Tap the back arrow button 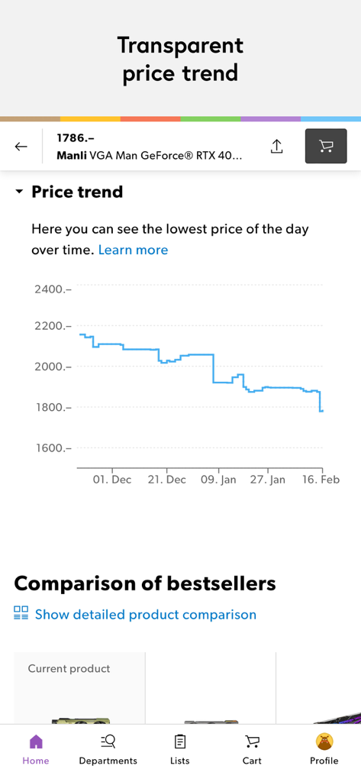click(x=21, y=147)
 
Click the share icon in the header click(x=276, y=147)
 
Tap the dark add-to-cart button click(x=326, y=147)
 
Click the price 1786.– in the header click(x=76, y=138)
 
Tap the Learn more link click(x=133, y=250)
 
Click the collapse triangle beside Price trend click(x=19, y=192)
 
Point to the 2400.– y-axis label click(x=53, y=289)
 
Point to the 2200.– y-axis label click(x=53, y=326)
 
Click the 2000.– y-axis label click(x=53, y=367)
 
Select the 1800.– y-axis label click(x=53, y=407)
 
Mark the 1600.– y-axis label click(x=53, y=448)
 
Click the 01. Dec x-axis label click(x=112, y=480)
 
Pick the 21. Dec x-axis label click(x=166, y=480)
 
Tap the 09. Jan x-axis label click(x=218, y=480)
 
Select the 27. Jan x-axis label click(x=268, y=480)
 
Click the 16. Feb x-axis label click(x=321, y=480)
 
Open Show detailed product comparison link click(x=145, y=614)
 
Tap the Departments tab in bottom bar click(x=108, y=749)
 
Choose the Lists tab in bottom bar click(x=180, y=749)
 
